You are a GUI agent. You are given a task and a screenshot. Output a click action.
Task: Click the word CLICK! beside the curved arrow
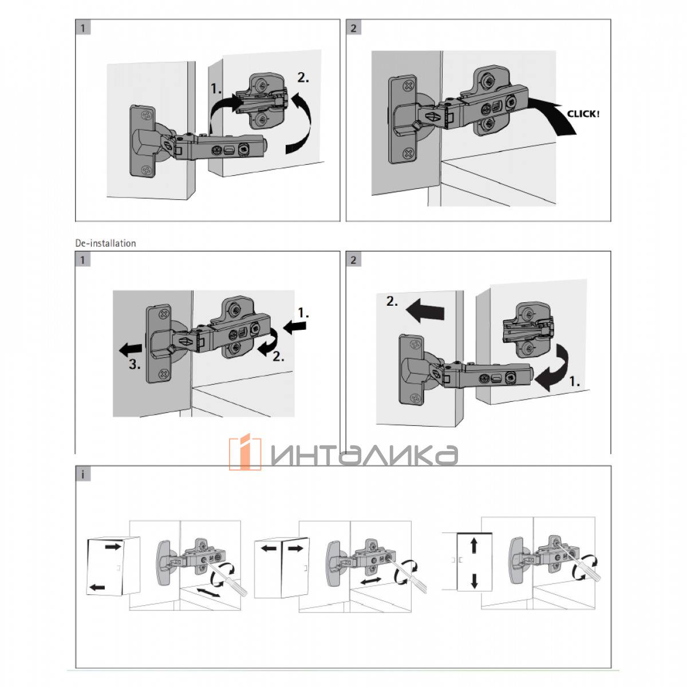(583, 114)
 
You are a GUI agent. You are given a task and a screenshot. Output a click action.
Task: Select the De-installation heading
(105, 243)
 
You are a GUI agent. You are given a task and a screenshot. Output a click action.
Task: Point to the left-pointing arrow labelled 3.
(131, 349)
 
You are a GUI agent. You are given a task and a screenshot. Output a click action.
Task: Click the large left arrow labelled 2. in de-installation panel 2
(425, 310)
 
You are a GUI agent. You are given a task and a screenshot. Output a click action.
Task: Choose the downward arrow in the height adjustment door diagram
(474, 581)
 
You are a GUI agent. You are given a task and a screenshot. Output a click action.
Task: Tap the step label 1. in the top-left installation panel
(216, 88)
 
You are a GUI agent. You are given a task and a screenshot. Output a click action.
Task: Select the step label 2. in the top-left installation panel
(303, 78)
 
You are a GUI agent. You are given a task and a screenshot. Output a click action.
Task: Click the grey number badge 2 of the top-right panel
(353, 27)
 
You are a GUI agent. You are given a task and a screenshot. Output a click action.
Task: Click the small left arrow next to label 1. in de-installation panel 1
(295, 326)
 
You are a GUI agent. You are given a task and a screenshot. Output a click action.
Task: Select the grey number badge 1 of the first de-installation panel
(82, 259)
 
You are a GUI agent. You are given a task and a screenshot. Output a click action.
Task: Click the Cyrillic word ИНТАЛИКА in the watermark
(364, 455)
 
